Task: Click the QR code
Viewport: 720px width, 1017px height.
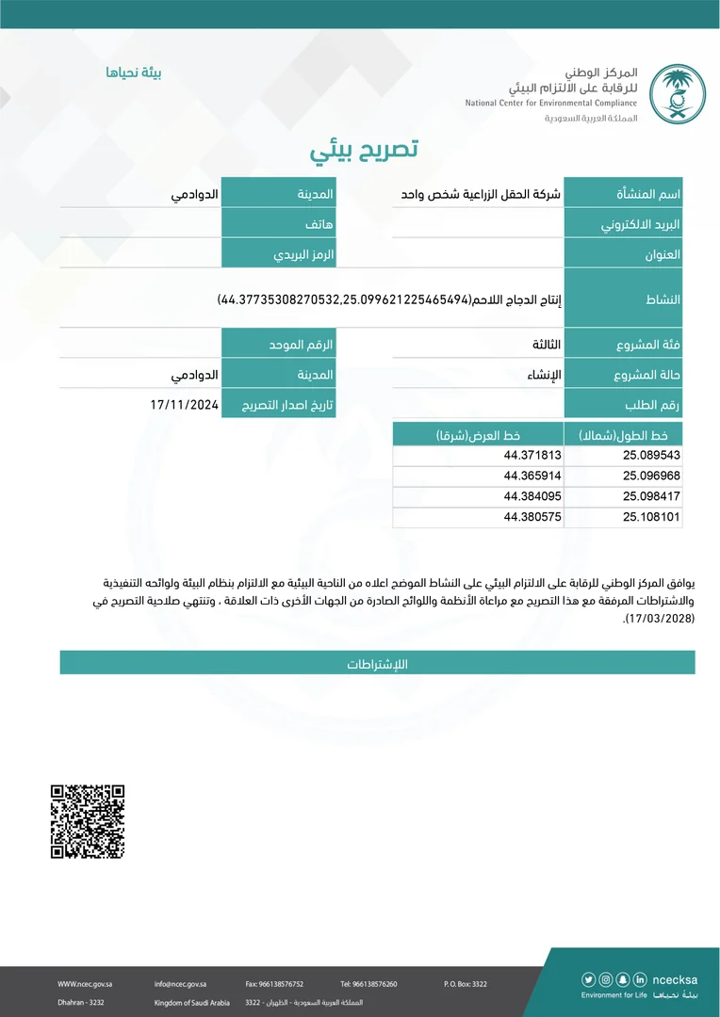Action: (x=88, y=820)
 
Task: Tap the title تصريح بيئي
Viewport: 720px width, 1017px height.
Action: (x=364, y=150)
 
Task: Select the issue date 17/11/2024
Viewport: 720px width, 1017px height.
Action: (x=184, y=404)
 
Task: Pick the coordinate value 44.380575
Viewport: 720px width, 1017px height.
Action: (x=532, y=517)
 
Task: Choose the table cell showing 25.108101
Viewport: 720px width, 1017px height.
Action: (x=651, y=517)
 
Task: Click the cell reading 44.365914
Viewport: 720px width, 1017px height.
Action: (x=532, y=476)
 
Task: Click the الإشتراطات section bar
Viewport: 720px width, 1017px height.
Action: (x=377, y=663)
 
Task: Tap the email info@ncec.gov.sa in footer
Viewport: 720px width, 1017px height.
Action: (x=181, y=984)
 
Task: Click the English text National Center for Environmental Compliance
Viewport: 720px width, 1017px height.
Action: (x=551, y=103)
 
